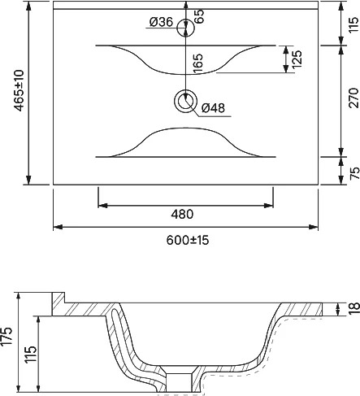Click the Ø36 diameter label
[x=161, y=22]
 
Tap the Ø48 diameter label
[x=213, y=108]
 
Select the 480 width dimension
[x=182, y=214]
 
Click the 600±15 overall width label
[x=188, y=240]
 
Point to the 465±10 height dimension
[x=20, y=90]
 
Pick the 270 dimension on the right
[x=353, y=98]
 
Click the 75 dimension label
[x=354, y=173]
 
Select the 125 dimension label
[x=297, y=59]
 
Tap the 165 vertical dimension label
[x=198, y=63]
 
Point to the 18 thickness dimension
[x=354, y=309]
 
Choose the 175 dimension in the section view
[x=7, y=337]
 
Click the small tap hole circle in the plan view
[x=186, y=28]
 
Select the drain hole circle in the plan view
[x=185, y=101]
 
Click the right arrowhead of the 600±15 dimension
[x=313, y=227]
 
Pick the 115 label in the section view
[x=31, y=354]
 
